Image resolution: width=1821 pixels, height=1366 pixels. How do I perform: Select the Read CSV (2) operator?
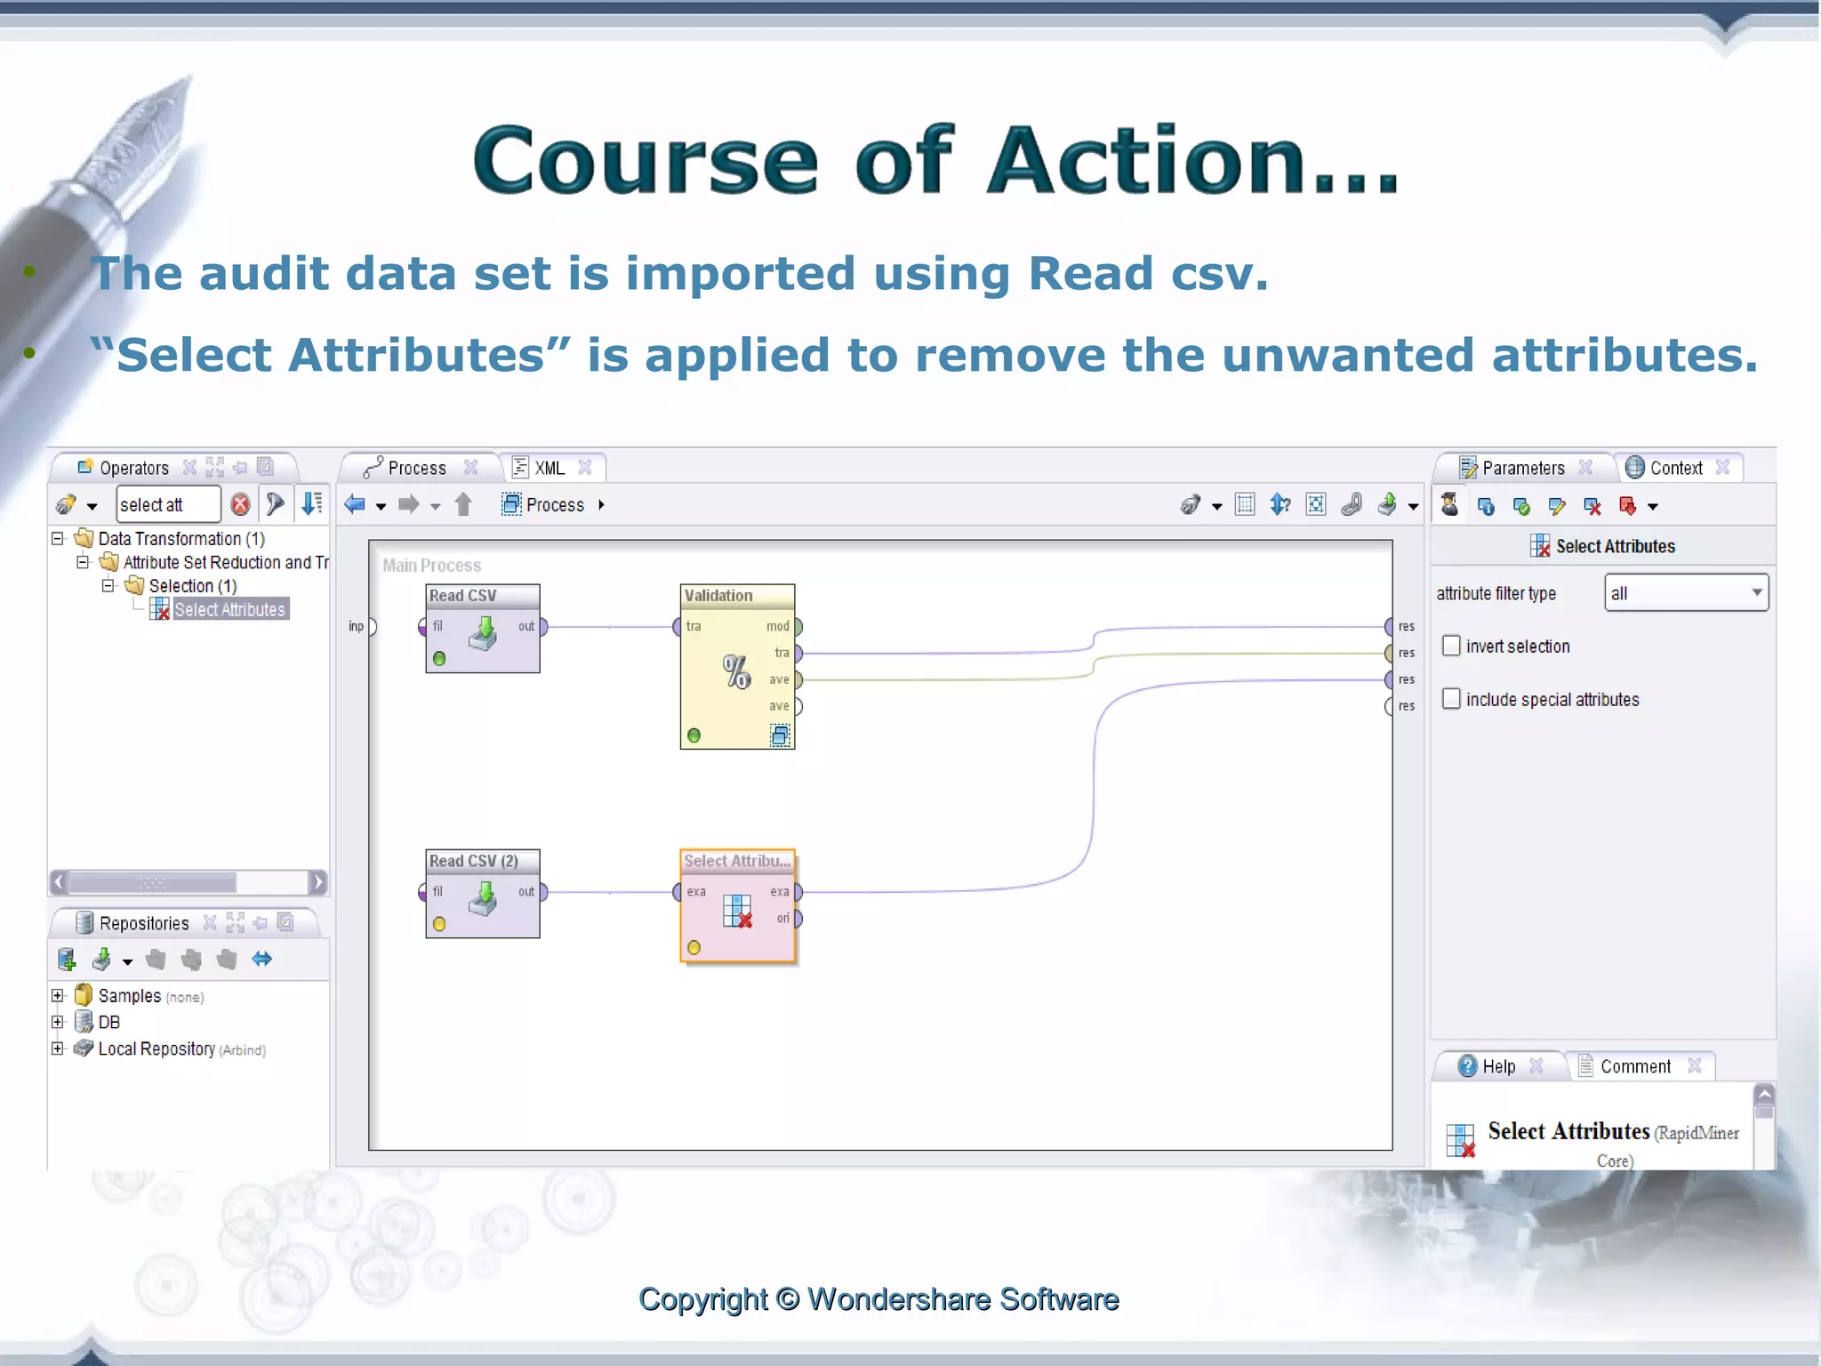[x=482, y=893]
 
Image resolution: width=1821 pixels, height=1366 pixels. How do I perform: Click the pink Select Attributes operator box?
[x=737, y=905]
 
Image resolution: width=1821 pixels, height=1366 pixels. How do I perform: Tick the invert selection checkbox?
[x=1451, y=646]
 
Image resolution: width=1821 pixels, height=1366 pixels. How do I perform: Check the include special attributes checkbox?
[x=1451, y=699]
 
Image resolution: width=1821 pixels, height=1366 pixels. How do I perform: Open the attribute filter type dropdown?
[x=1686, y=593]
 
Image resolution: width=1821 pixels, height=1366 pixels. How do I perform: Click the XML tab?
[x=549, y=468]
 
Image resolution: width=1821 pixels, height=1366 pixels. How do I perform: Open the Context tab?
[x=1675, y=468]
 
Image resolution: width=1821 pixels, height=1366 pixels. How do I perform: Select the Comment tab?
[x=1634, y=1066]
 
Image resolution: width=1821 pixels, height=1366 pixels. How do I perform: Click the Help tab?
[x=1498, y=1066]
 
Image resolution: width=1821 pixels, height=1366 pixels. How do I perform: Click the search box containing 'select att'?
[x=167, y=505]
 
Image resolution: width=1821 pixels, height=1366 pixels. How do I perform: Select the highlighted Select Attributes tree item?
[x=229, y=610]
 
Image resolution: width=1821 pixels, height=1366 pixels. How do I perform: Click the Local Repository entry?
[x=156, y=1049]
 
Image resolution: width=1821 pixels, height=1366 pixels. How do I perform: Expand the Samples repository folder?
[x=58, y=996]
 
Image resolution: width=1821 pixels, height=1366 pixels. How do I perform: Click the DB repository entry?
[x=108, y=1023]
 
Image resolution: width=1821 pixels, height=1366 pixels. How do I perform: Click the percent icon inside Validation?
[x=736, y=672]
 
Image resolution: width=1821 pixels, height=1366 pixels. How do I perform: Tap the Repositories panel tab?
[x=142, y=923]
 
